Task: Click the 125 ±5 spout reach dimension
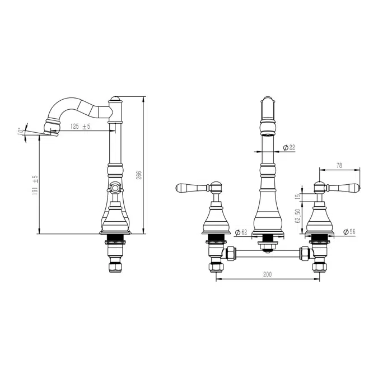coord(80,127)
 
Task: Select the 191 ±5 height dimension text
coord(35,185)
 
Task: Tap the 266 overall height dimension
coord(139,175)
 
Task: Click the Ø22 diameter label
coord(289,147)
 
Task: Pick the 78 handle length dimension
coord(339,165)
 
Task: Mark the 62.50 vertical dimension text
coord(298,216)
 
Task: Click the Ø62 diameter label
coord(241,232)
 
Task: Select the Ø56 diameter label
coord(349,232)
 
